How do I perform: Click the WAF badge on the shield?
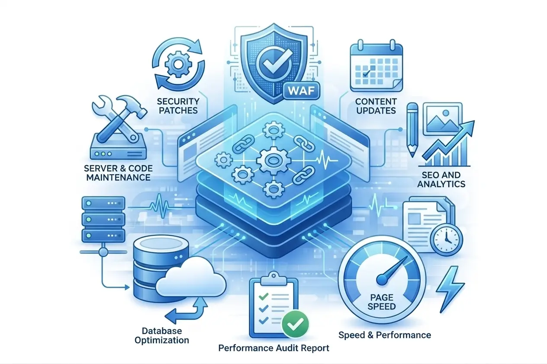302,91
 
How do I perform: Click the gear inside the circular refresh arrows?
178,64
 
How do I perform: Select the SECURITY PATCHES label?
178,106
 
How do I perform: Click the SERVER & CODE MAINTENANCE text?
118,173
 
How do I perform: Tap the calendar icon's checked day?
366,73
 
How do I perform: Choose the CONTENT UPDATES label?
376,106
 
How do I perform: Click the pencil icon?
412,129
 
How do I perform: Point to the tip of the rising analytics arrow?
474,121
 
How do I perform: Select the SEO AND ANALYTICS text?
441,179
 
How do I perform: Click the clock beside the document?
446,239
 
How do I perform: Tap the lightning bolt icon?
450,289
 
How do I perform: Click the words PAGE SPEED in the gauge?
382,302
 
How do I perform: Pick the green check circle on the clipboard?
295,324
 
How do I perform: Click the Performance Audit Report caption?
274,348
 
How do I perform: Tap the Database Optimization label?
162,336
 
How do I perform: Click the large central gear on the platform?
273,160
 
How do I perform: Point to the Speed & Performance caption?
385,335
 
